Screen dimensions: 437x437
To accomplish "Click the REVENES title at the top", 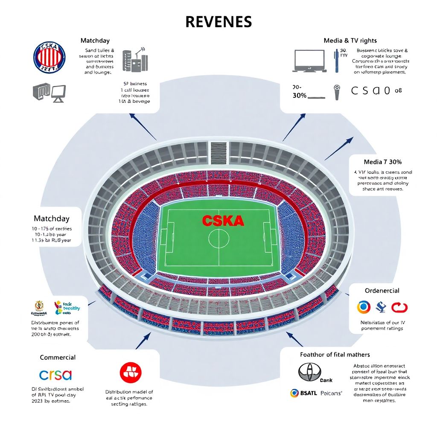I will click(x=218, y=22).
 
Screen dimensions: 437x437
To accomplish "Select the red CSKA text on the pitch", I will click(x=223, y=221).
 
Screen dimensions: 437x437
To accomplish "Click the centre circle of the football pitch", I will click(x=218, y=238).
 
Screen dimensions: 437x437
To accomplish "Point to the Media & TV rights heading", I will click(x=350, y=41).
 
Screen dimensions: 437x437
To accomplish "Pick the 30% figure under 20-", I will click(x=300, y=96).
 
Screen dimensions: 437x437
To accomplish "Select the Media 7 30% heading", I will click(x=382, y=162).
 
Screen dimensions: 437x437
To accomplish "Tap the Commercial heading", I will click(x=58, y=357).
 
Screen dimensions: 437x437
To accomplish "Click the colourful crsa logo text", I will click(x=55, y=375).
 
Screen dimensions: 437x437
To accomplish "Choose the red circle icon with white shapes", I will click(x=131, y=372).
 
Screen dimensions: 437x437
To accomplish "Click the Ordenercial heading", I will click(x=382, y=291).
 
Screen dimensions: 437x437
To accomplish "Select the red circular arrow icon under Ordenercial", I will click(x=399, y=307).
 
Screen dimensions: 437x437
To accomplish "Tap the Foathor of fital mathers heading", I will click(x=335, y=355).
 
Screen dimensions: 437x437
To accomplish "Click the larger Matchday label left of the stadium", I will click(x=51, y=218).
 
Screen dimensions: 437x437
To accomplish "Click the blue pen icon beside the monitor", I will click(x=336, y=60).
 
